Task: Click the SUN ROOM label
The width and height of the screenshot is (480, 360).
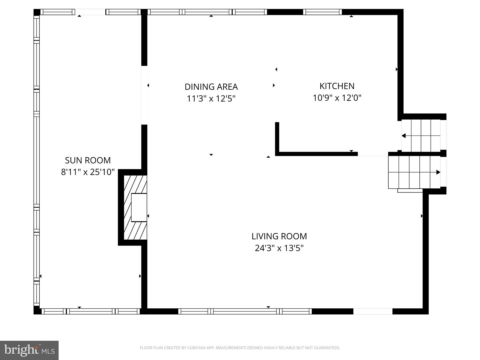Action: [x=88, y=160]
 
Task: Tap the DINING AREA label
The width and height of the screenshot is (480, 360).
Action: [x=211, y=87]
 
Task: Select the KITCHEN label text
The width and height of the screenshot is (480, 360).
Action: [x=337, y=86]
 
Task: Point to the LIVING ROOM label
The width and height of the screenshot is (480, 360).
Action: [x=279, y=236]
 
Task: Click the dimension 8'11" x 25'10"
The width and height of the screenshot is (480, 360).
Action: [x=88, y=172]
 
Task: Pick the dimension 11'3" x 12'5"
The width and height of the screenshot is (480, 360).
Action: [x=211, y=99]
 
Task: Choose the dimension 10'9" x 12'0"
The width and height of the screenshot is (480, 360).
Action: [x=337, y=98]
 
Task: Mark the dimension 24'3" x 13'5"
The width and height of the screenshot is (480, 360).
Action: [x=279, y=248]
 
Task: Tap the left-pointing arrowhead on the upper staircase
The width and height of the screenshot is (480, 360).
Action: [x=404, y=136]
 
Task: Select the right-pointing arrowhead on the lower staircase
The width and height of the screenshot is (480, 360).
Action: [x=438, y=172]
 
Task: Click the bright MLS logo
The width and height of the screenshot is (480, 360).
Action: [x=29, y=350]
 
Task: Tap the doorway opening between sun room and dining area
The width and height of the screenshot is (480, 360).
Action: [x=144, y=95]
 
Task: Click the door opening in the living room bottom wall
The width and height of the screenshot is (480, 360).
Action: [x=373, y=311]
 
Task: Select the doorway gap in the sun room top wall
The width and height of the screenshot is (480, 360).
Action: [x=90, y=12]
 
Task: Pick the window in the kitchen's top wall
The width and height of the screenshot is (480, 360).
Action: [x=322, y=12]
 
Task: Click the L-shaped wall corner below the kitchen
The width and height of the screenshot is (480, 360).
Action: [x=277, y=154]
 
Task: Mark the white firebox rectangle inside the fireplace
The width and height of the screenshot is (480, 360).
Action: [x=139, y=207]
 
